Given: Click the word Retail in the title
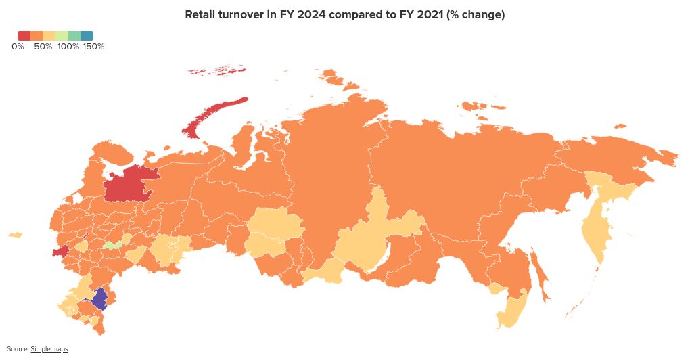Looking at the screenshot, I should pyautogui.click(x=201, y=15).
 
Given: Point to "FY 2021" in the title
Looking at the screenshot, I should pyautogui.click(x=419, y=15).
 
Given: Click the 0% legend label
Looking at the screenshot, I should pyautogui.click(x=18, y=47).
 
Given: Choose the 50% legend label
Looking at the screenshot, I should pyautogui.click(x=43, y=47).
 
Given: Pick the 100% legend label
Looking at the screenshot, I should pyautogui.click(x=68, y=47).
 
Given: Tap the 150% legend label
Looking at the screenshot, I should pyautogui.click(x=93, y=47).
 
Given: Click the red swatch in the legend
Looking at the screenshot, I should pyautogui.click(x=24, y=35).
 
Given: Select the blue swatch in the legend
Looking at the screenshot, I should pyautogui.click(x=87, y=35).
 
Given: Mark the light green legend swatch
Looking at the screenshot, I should pyautogui.click(x=62, y=35).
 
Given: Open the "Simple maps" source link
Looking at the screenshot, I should pyautogui.click(x=49, y=349).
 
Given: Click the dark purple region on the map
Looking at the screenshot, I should pyautogui.click(x=99, y=298).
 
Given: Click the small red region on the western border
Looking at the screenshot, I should pyautogui.click(x=60, y=252).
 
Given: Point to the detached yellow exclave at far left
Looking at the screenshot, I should pyautogui.click(x=15, y=235).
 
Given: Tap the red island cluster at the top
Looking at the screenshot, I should pyautogui.click(x=216, y=71).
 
